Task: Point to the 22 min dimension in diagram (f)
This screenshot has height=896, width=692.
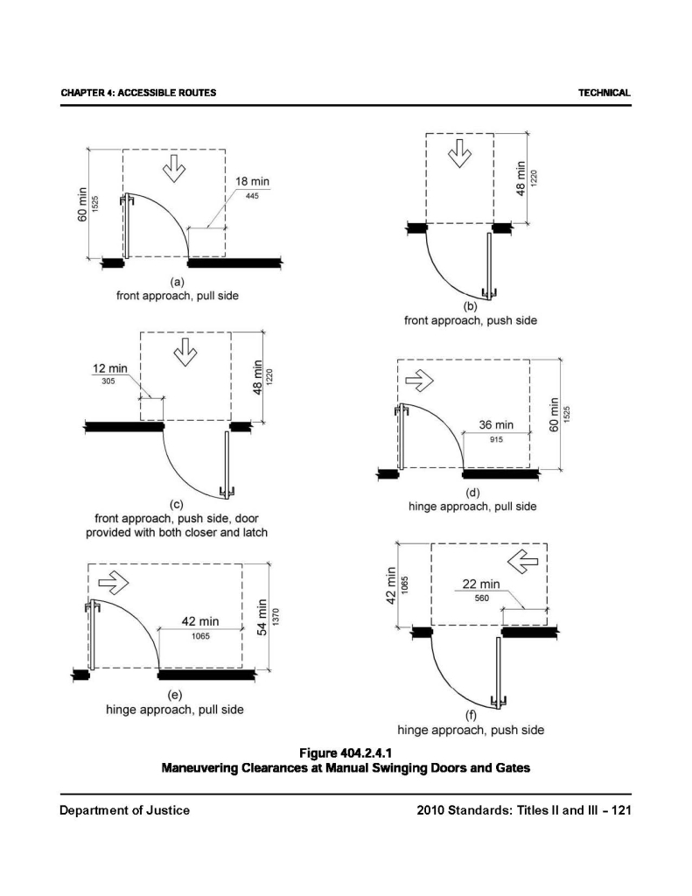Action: (x=481, y=584)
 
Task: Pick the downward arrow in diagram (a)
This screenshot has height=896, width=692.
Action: (x=173, y=168)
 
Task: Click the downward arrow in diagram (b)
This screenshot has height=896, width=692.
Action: (x=458, y=155)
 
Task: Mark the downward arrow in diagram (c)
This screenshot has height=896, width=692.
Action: (x=185, y=353)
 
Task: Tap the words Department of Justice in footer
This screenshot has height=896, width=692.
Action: (x=124, y=810)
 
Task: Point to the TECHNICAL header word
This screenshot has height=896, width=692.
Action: (x=605, y=93)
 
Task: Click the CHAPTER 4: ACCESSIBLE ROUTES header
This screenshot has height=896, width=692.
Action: (x=138, y=93)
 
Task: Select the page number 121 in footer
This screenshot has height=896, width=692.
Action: (x=620, y=810)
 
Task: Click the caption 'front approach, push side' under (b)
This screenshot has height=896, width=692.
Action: (x=470, y=321)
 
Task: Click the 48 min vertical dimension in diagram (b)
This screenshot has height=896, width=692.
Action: (x=522, y=179)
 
